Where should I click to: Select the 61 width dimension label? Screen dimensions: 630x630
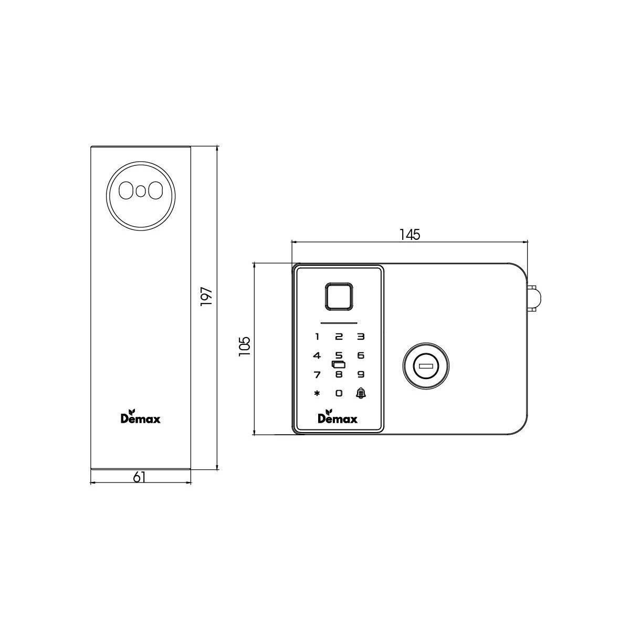click(139, 477)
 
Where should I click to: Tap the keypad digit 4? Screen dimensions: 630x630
click(317, 356)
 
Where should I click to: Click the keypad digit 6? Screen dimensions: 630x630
click(361, 356)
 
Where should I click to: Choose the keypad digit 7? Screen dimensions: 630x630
click(317, 375)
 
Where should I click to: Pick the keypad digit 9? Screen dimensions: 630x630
click(361, 375)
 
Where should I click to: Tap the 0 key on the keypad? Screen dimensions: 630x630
click(339, 393)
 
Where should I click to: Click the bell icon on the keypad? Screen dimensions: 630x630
click(361, 393)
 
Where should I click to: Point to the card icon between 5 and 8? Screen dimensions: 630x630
click(339, 364)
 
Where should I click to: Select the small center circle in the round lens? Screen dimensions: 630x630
click(140, 191)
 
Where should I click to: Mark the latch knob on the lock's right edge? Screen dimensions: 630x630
click(534, 298)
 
